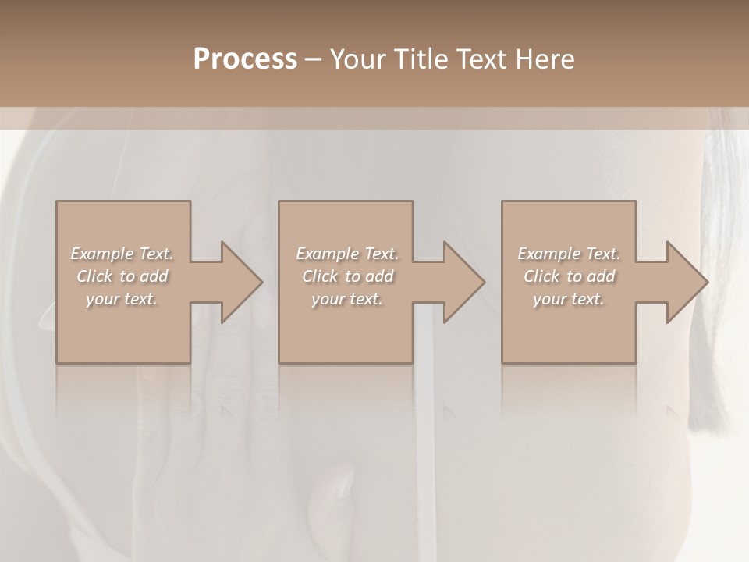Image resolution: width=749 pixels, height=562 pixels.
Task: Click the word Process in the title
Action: tap(245, 59)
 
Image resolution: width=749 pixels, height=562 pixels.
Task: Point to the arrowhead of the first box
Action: tap(241, 282)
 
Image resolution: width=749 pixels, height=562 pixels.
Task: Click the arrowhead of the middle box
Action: tap(464, 282)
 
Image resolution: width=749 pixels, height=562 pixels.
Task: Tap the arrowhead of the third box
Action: tap(687, 282)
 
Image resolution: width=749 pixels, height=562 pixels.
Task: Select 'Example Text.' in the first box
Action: tap(122, 254)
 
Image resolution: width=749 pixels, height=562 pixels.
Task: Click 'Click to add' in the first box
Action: tap(122, 276)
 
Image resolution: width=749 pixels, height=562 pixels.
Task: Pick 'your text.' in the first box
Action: tap(122, 299)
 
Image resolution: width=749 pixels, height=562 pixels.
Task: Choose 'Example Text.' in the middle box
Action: tap(347, 254)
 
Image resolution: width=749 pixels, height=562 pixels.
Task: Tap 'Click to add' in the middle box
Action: tap(347, 276)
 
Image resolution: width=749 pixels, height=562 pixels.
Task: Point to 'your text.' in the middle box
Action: tap(347, 299)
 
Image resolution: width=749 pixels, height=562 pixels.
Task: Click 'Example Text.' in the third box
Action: tap(569, 254)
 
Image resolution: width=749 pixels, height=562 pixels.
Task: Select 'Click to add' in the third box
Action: tap(569, 276)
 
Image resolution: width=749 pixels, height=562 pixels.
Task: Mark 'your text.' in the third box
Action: tap(569, 299)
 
